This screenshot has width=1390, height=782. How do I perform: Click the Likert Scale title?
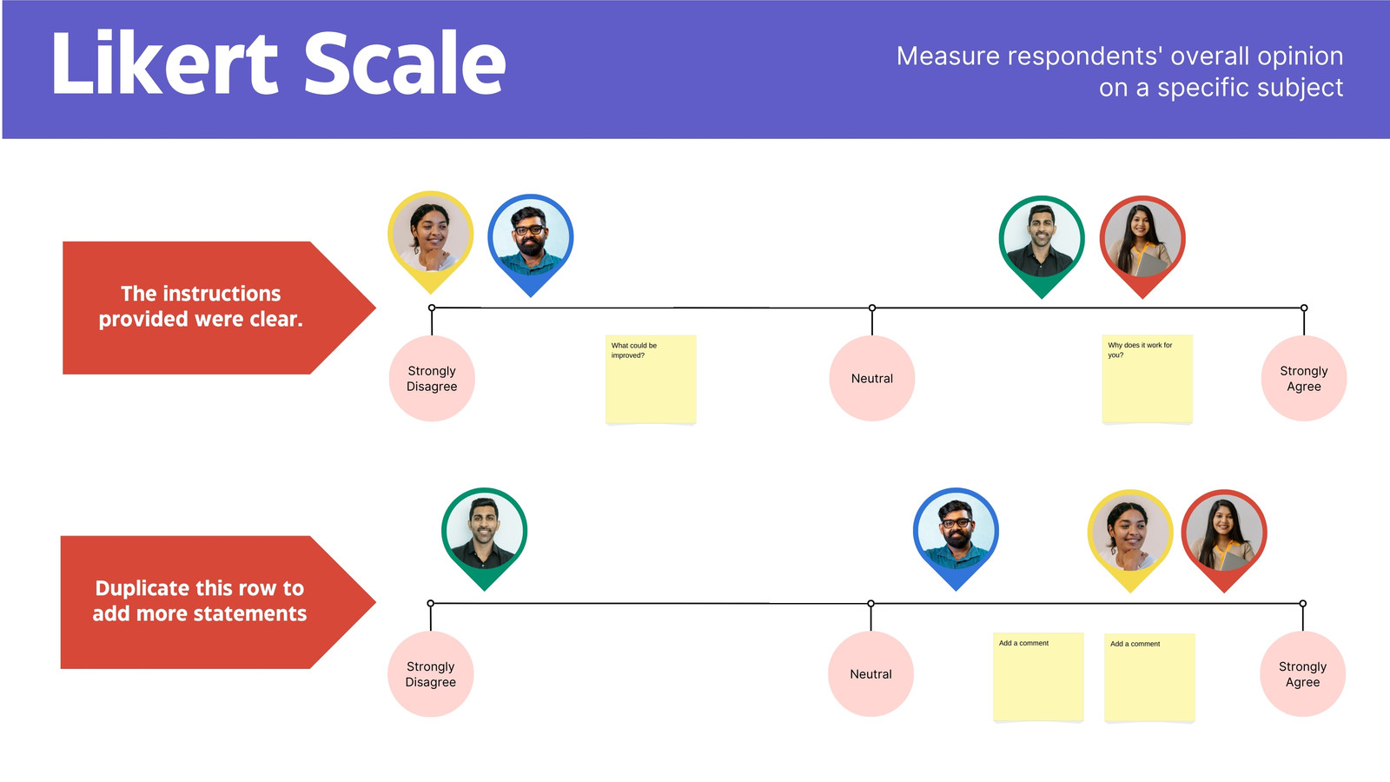tap(279, 63)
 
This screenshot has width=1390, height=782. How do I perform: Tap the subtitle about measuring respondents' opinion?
tap(1120, 71)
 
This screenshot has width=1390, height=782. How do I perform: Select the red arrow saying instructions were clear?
tap(219, 308)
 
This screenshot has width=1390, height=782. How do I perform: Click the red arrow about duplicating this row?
tap(218, 602)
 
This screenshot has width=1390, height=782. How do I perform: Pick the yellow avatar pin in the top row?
tap(431, 241)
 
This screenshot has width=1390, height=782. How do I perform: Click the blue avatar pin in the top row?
tap(531, 244)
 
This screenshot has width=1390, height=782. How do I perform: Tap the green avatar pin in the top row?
tap(1042, 247)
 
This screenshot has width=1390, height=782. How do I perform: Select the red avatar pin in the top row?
tap(1142, 247)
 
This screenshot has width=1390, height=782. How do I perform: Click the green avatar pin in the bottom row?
tap(485, 538)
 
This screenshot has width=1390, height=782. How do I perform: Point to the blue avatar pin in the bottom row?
tap(956, 538)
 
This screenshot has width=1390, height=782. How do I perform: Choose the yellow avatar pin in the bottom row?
tap(1130, 540)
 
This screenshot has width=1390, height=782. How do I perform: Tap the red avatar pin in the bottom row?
tap(1224, 540)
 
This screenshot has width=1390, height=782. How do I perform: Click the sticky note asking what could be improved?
tap(651, 379)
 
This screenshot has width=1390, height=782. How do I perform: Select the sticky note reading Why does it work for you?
tap(1148, 379)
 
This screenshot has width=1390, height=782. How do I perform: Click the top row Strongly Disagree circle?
tap(432, 379)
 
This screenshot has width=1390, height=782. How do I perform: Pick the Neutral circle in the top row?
tap(872, 379)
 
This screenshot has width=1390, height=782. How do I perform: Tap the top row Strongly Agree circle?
tap(1304, 379)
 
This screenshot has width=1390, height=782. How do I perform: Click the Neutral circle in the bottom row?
tap(870, 674)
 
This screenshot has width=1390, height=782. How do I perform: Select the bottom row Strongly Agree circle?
tap(1302, 674)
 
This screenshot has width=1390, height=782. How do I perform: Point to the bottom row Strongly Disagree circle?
tap(431, 674)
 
